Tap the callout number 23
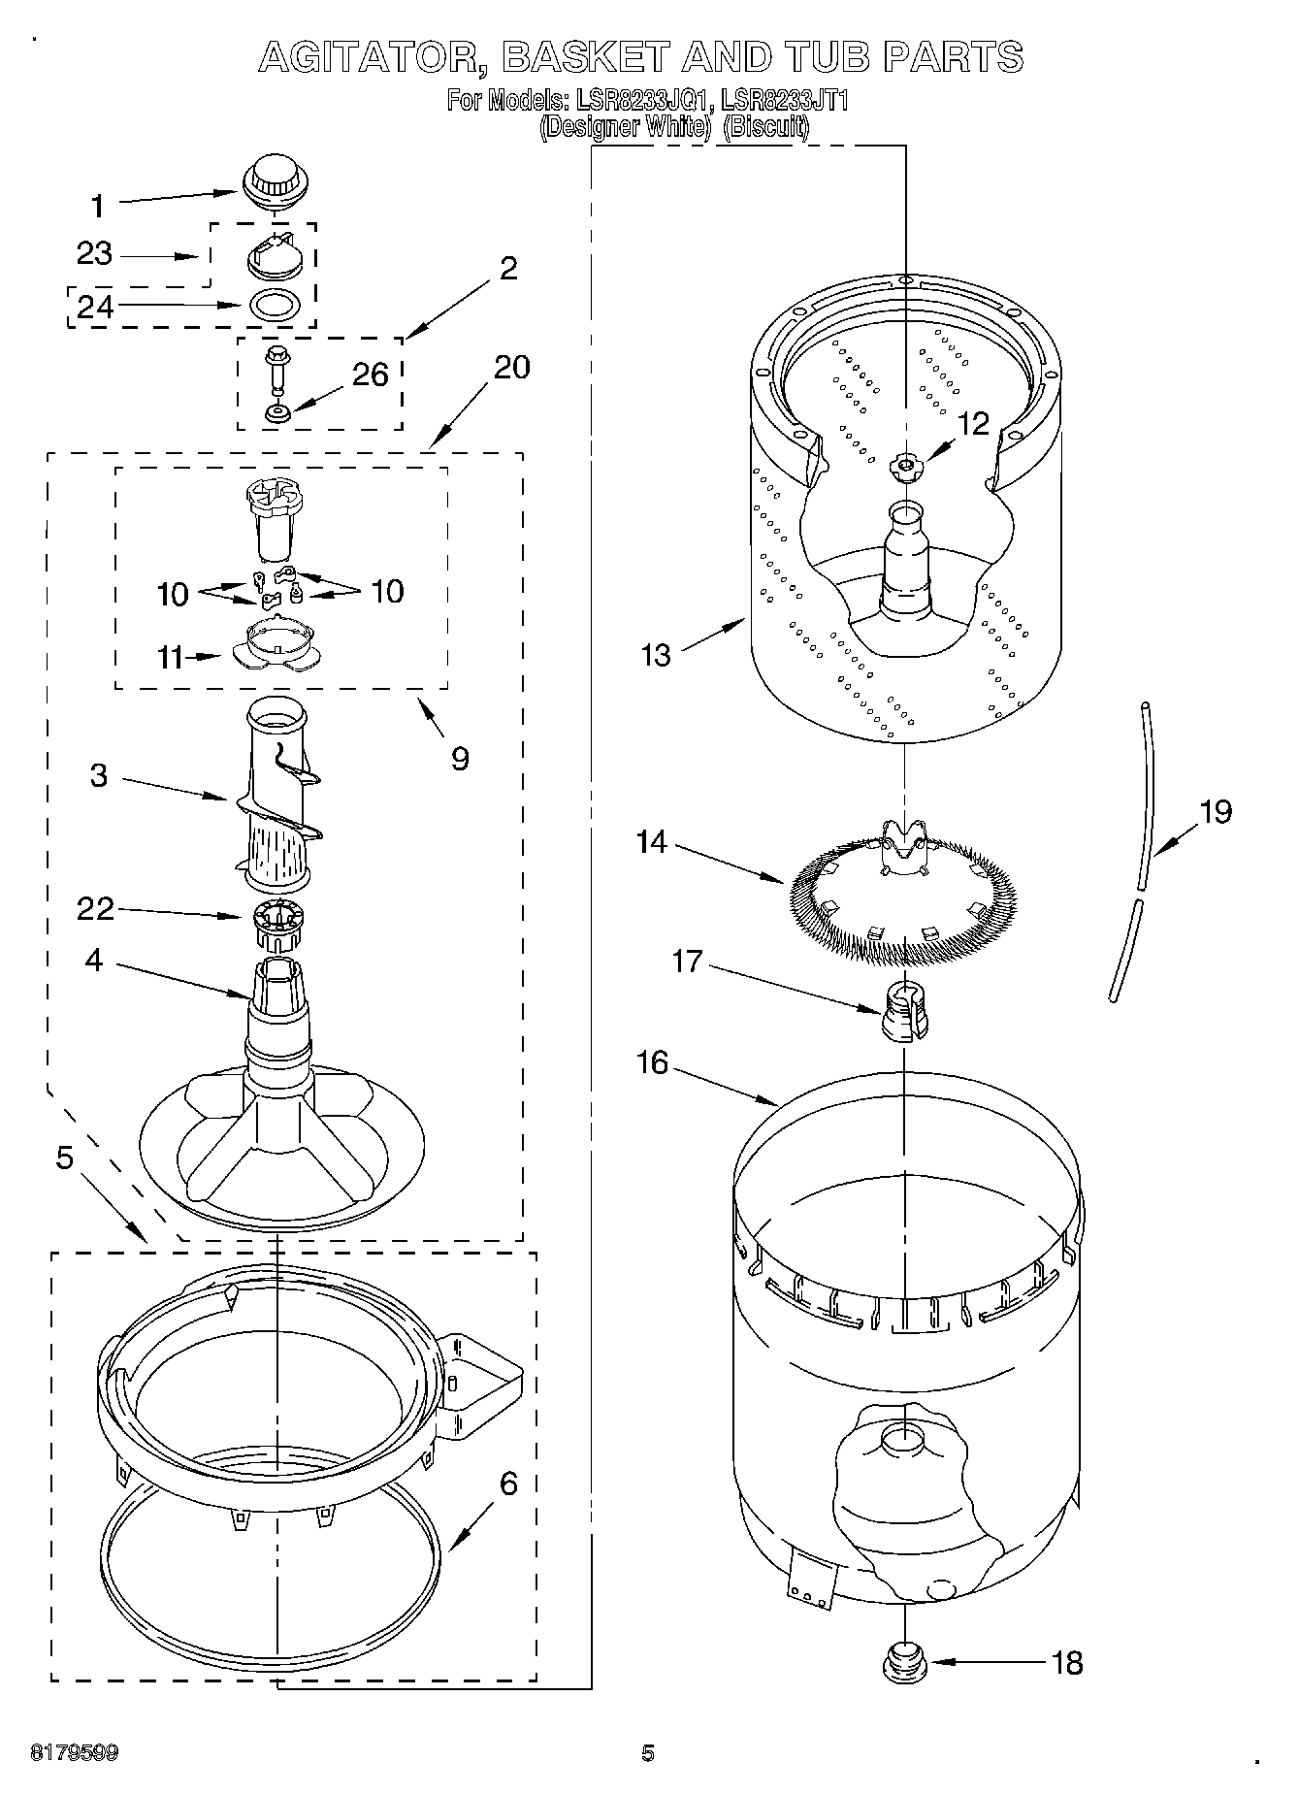tap(95, 254)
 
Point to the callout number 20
tap(511, 368)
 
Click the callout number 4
tap(93, 961)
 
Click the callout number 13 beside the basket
tap(656, 656)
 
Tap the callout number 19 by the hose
tap(1215, 811)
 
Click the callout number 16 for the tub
tap(653, 1063)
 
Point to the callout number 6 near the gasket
tap(508, 1484)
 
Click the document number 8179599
tap(75, 1753)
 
